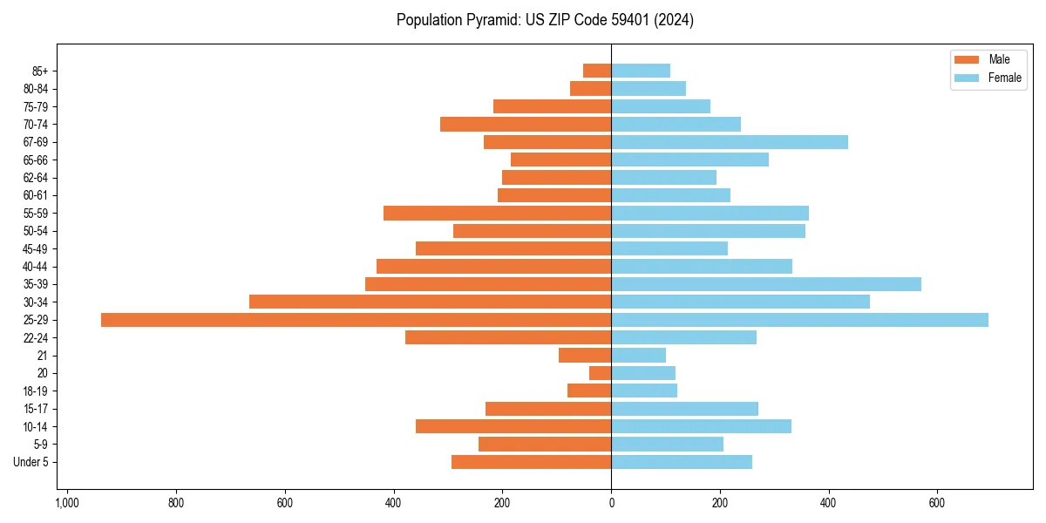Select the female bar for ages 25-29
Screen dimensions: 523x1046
(799, 320)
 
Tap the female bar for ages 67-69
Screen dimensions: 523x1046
(730, 142)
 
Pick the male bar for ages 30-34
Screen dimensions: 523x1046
(430, 302)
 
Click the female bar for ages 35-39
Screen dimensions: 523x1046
(766, 284)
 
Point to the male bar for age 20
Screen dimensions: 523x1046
(600, 373)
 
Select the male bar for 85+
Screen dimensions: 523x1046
(597, 71)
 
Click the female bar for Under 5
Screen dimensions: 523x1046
(682, 462)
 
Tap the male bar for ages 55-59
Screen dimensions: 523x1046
(497, 213)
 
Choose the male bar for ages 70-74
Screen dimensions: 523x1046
(526, 124)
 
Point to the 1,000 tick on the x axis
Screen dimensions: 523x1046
(67, 503)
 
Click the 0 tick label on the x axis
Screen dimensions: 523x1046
(611, 503)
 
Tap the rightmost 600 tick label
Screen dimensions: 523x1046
(937, 503)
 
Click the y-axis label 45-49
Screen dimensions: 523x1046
(36, 248)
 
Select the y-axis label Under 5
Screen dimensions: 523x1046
(31, 462)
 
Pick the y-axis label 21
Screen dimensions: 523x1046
(42, 356)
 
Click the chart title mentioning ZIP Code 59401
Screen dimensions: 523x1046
(545, 20)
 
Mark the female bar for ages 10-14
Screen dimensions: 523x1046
(702, 426)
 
